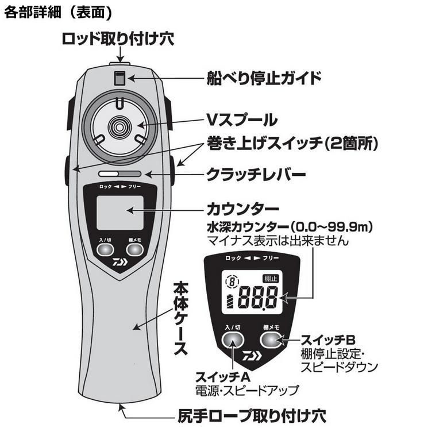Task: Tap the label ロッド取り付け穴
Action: tap(118, 39)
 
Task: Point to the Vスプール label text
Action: tap(241, 120)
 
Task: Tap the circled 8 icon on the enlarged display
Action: tap(233, 282)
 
